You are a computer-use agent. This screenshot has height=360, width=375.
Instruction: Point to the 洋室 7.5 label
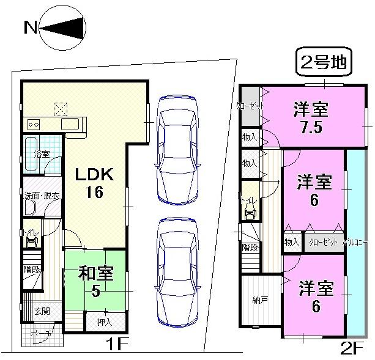coord(311,119)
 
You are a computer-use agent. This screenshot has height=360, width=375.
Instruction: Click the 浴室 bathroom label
coord(41,154)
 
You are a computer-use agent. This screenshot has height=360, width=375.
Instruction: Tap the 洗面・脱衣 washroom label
coord(42,196)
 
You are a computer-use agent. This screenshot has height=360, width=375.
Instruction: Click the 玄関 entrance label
coord(42,310)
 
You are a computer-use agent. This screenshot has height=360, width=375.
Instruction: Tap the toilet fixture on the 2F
coord(250,211)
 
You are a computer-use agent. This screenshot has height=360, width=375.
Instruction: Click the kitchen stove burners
coord(34,125)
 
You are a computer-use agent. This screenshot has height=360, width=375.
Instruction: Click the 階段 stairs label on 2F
coord(250,248)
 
